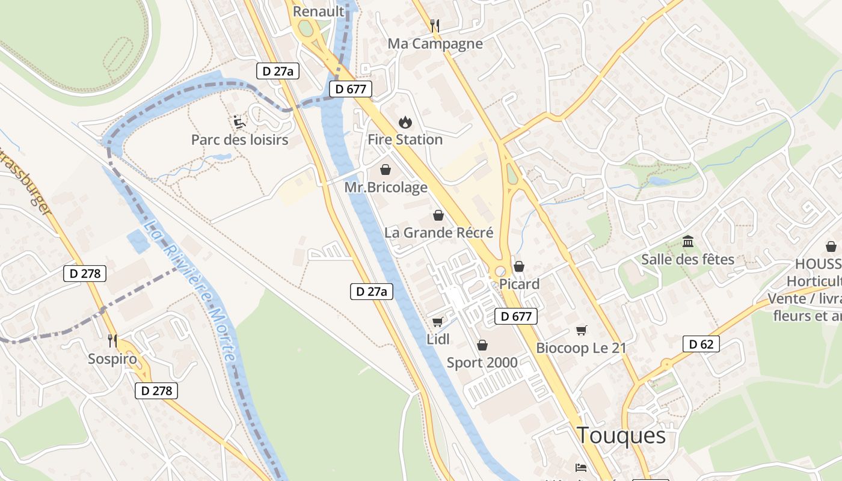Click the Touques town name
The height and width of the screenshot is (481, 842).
point(621,435)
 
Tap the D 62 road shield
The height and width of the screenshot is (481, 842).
point(701,345)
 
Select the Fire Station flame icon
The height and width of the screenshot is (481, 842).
point(405,122)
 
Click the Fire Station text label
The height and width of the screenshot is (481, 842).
point(405,139)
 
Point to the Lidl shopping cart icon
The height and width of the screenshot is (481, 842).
point(438,322)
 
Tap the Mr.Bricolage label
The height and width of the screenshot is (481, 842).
point(386,187)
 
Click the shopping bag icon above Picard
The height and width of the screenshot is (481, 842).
point(519,266)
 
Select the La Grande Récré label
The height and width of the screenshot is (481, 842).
point(439,232)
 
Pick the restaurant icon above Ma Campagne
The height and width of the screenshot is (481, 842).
point(435,25)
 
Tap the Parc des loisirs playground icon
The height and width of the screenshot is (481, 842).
point(239,122)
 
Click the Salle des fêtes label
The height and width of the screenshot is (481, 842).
point(687,259)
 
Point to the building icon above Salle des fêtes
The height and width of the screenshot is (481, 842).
point(688,242)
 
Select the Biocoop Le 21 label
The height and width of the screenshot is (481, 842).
point(581,348)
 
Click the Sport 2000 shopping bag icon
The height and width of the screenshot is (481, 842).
point(482,345)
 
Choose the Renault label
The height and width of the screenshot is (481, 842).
point(318,11)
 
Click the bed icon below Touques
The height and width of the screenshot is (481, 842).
point(581,467)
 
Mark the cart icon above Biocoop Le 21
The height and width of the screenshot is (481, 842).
point(581,330)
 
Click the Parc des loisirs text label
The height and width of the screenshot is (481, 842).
point(239,139)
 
